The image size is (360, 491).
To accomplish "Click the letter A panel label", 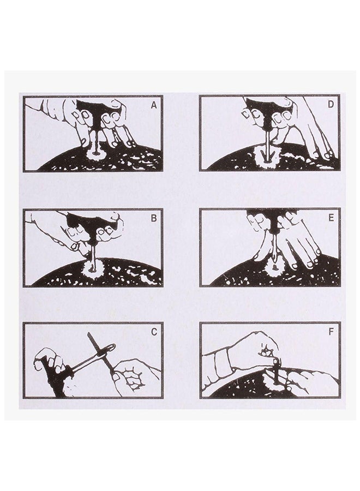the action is [154, 105].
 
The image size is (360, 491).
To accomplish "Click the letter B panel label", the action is [154, 218].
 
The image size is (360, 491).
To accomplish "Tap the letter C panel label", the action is [154, 332].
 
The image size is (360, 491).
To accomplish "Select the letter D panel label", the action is [331, 105].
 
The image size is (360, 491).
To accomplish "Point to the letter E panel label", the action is [331, 218].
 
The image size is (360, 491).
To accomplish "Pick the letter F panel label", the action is [331, 332].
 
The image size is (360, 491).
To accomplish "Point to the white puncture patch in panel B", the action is [92, 269].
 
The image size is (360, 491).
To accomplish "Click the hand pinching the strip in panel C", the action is [131, 376].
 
